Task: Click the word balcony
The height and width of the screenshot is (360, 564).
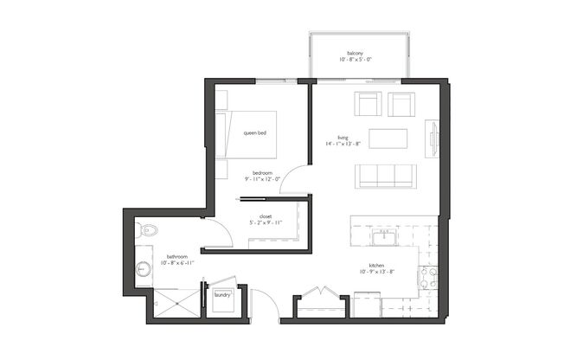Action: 354,52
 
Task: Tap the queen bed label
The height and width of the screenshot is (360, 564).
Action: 254,132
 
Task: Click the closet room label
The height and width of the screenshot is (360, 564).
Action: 266,217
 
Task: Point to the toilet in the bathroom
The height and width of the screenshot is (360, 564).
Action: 146,231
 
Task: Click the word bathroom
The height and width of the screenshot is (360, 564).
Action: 179,256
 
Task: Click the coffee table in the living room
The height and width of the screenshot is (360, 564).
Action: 388,138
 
